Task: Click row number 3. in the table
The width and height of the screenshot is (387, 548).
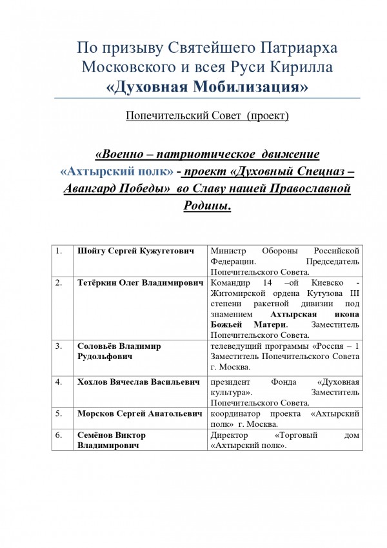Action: [59, 346]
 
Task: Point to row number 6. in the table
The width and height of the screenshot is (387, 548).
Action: [59, 435]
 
